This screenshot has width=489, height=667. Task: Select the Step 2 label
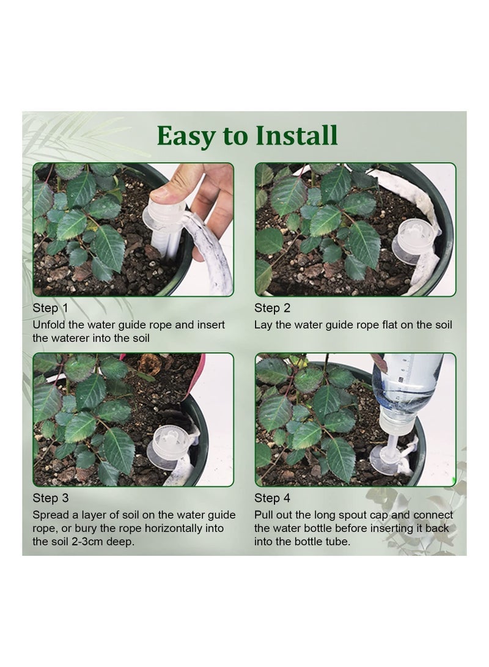272,308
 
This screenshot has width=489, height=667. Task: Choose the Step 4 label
272,498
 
